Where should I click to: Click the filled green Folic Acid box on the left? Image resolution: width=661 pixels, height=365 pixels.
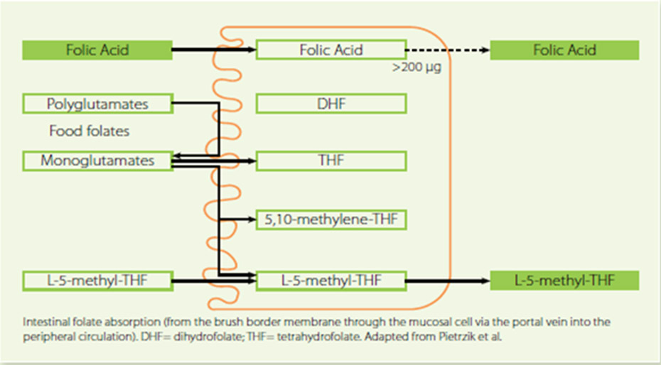97,50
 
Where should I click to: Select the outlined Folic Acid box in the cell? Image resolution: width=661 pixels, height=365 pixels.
330,50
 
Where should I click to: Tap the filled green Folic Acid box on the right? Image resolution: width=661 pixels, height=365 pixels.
564,50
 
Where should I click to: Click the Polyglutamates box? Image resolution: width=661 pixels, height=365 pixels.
97,104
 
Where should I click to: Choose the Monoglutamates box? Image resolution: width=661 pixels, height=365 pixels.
97,160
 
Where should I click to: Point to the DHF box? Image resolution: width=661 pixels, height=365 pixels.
330,104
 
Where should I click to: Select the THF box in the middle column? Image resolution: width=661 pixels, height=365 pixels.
330,160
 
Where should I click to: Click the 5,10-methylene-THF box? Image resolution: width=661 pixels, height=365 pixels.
330,220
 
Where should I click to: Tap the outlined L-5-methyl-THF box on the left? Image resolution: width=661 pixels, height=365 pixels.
97,280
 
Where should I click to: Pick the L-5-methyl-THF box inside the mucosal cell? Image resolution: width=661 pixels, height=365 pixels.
330,280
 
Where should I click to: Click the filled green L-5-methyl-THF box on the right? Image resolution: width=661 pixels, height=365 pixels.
564,280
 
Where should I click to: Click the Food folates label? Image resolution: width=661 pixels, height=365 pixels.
89,131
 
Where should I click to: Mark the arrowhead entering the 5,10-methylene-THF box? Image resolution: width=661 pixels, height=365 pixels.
251,220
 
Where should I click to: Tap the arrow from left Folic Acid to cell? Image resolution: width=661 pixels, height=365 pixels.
213,50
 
